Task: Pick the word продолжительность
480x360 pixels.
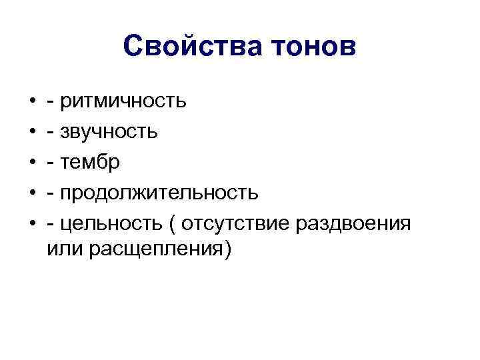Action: pyautogui.click(x=159, y=193)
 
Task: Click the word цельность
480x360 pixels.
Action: pyautogui.click(x=111, y=223)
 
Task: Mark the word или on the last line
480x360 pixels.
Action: pyautogui.click(x=64, y=251)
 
